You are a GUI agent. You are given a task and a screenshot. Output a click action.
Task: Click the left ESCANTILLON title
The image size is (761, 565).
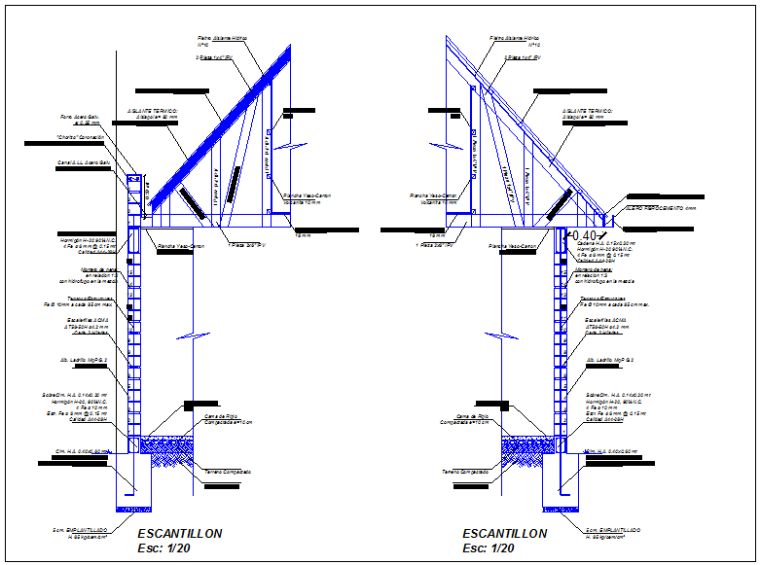pos(180,534)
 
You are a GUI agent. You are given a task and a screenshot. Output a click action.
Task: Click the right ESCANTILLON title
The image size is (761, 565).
pos(504,534)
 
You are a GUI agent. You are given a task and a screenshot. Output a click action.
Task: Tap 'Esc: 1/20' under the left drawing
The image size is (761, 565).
pos(165,548)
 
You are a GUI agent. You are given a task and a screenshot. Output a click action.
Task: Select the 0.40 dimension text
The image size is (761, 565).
pos(583,236)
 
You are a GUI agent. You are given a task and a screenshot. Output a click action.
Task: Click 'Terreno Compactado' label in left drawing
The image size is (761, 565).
pos(228,472)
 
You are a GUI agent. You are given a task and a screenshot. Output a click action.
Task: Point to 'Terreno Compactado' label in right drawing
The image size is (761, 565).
pos(465,472)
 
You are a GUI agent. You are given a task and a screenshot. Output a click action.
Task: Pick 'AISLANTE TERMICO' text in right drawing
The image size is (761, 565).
pos(587,111)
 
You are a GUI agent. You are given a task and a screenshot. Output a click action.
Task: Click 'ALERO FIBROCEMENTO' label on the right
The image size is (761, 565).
pos(662,208)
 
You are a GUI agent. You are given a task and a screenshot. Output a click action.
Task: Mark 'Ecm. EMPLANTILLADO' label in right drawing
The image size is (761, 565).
pos(612,530)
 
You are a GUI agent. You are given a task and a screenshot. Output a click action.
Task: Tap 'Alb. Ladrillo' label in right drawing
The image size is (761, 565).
pos(609,360)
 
